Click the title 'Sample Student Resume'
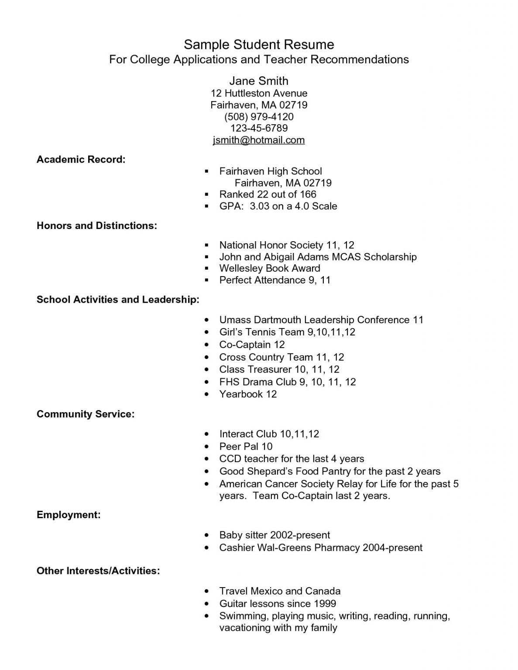click(259, 44)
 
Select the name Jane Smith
click(259, 81)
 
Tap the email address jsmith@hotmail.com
click(259, 140)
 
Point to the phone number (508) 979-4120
click(259, 116)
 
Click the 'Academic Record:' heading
click(81, 160)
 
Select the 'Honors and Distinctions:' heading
click(97, 226)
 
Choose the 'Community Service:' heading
click(86, 414)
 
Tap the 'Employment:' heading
click(69, 515)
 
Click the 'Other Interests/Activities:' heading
click(98, 571)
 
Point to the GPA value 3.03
click(259, 206)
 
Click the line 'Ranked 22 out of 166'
click(268, 194)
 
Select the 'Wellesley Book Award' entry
click(269, 268)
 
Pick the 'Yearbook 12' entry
click(248, 394)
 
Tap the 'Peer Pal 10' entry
click(246, 446)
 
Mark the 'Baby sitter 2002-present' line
click(274, 535)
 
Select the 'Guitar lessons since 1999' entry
click(278, 604)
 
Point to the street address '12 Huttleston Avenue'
click(259, 93)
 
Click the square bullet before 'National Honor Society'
click(207, 246)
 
